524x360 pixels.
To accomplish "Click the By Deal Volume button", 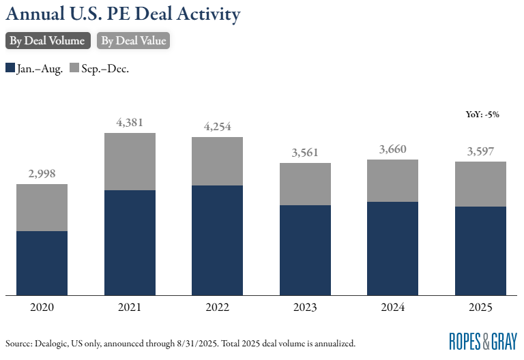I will point(47,41).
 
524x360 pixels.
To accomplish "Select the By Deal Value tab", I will point(133,41).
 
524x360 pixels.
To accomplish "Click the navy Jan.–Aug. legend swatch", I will point(10,68).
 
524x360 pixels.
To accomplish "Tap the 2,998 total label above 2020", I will point(42,175).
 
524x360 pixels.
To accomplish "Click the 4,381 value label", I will point(130,123).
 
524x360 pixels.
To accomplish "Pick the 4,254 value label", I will point(217,127).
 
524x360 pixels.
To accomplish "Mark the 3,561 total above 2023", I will point(305,153).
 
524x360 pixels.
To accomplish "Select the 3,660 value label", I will point(392,149).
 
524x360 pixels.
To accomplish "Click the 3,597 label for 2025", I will point(480,151).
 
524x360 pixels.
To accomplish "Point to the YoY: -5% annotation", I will point(478,115).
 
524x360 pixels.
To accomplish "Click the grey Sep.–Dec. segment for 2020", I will point(42,207).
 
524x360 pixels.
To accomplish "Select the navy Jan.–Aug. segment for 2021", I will point(130,242).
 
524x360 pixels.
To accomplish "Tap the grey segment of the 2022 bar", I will point(217,161).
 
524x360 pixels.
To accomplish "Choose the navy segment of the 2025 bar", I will point(480,250).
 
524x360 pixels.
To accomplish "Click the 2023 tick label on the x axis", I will point(305,307).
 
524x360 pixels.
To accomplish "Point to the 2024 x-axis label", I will point(392,307).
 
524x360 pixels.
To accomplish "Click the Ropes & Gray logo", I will point(483,341).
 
